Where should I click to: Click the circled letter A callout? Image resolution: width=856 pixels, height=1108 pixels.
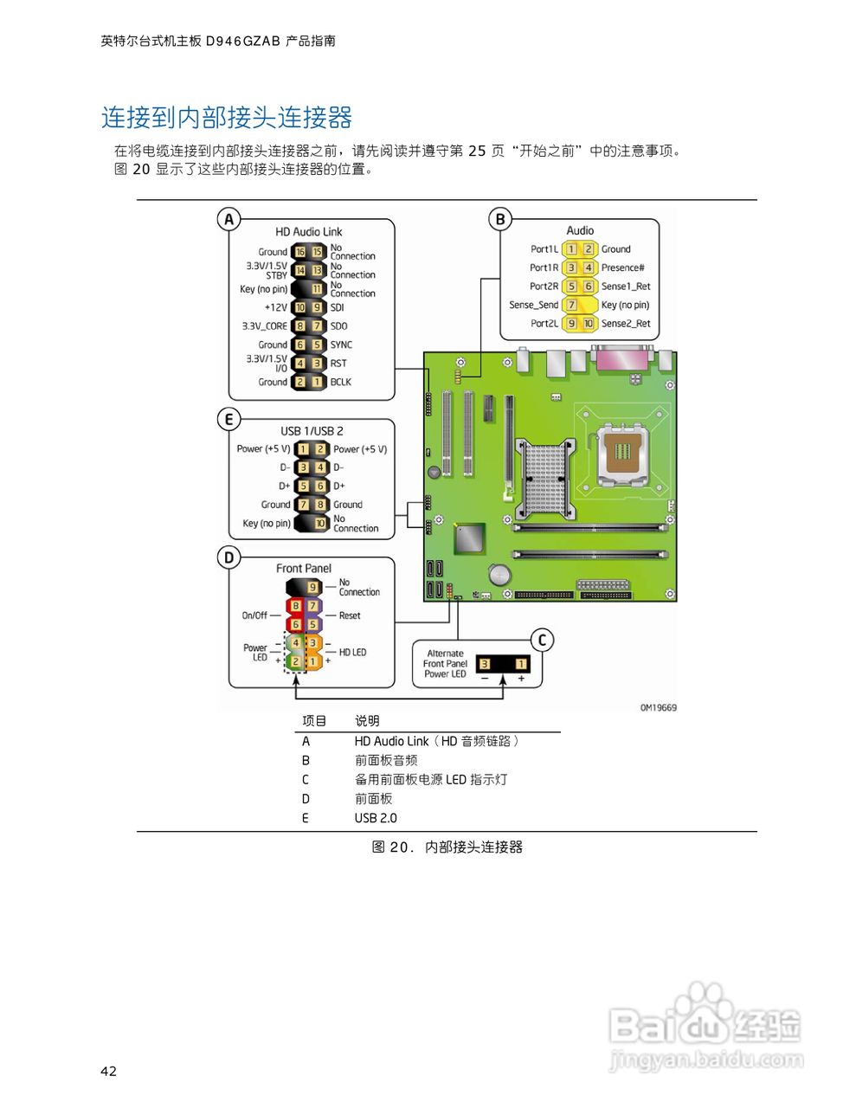click(x=228, y=220)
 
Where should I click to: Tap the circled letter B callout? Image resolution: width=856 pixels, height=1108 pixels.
click(x=499, y=220)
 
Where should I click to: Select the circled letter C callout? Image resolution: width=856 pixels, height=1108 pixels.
click(x=542, y=641)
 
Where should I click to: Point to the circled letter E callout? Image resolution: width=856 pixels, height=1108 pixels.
click(x=228, y=420)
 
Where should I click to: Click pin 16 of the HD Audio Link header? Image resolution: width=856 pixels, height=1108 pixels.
click(x=300, y=252)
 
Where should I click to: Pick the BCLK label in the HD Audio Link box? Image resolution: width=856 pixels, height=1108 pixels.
click(x=341, y=382)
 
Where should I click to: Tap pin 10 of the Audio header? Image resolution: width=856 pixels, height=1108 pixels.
click(x=589, y=324)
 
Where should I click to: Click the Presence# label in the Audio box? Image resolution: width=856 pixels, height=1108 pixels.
click(x=622, y=267)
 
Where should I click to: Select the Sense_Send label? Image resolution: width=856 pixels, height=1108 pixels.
click(x=533, y=305)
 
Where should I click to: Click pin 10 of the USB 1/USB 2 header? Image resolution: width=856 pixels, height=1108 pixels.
click(x=320, y=523)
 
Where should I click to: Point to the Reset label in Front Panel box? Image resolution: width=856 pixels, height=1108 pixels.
click(x=350, y=615)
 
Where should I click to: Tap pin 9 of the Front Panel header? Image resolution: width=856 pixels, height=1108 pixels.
click(x=312, y=588)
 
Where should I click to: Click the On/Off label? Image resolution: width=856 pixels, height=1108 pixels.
click(x=254, y=615)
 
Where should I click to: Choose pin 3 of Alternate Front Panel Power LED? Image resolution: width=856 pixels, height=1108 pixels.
click(x=485, y=664)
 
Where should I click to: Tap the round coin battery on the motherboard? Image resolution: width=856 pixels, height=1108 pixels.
click(x=499, y=575)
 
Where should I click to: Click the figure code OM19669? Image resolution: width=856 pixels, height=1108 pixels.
click(x=658, y=708)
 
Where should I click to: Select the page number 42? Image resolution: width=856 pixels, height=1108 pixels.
click(x=108, y=1071)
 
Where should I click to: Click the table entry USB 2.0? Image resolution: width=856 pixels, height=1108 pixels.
click(x=376, y=818)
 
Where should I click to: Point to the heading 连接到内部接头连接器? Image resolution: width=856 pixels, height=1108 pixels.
click(x=227, y=118)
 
